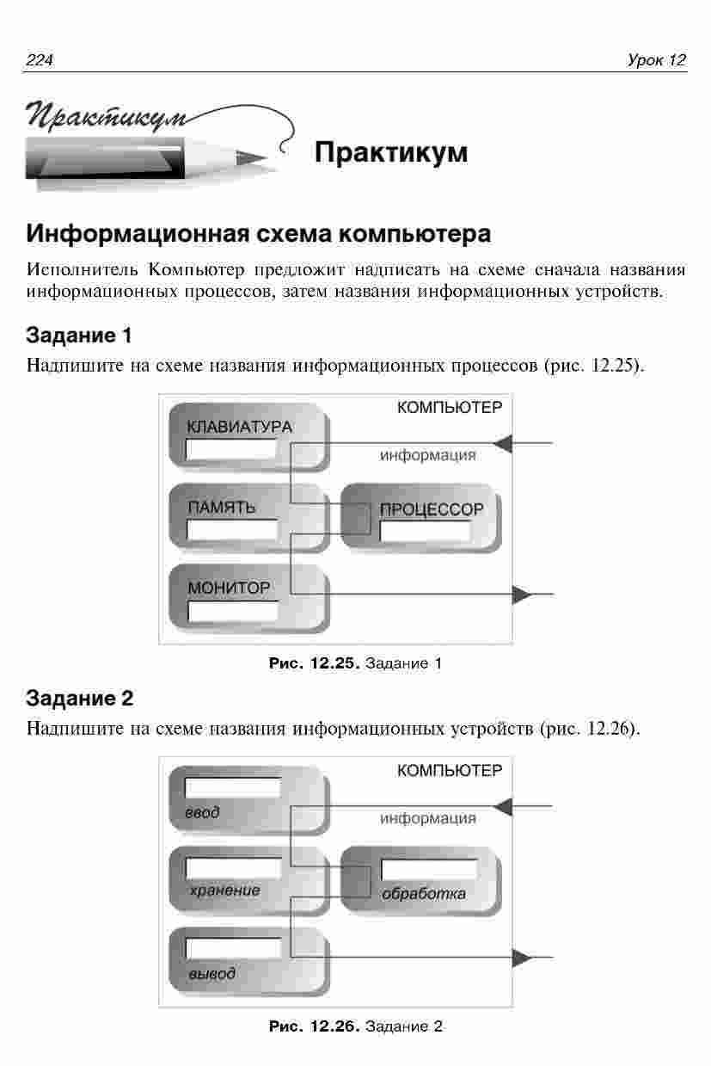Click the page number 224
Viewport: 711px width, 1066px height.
[x=40, y=60]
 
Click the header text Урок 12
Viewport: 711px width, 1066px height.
[x=657, y=60]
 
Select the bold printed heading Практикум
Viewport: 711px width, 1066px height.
[x=391, y=152]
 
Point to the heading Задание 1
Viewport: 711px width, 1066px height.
[x=78, y=335]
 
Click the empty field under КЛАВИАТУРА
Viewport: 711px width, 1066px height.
[x=231, y=449]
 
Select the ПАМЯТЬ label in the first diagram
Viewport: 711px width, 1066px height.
[x=222, y=508]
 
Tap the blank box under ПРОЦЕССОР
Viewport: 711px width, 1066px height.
[x=426, y=531]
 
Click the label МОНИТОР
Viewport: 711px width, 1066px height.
[x=229, y=588]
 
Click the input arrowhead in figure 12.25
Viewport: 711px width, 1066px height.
[x=502, y=444]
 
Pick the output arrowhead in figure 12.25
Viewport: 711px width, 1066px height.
[x=523, y=595]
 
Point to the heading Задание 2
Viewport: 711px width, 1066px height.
[x=79, y=698]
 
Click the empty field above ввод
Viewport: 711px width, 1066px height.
[x=233, y=787]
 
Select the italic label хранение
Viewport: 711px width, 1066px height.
[x=225, y=890]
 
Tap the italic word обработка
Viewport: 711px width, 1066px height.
[x=423, y=893]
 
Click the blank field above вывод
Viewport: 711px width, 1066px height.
[x=233, y=948]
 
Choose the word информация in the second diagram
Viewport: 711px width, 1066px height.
[x=427, y=818]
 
